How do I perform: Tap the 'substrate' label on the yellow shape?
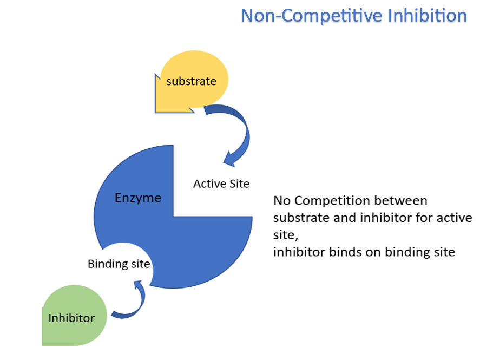coord(191,81)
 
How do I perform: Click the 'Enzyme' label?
coord(138,198)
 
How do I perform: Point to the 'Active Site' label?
coord(221,184)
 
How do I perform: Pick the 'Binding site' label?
coord(119,264)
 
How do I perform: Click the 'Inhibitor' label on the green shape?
coord(71,318)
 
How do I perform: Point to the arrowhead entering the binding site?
coord(139,284)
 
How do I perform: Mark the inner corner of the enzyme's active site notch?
coord(174,216)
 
